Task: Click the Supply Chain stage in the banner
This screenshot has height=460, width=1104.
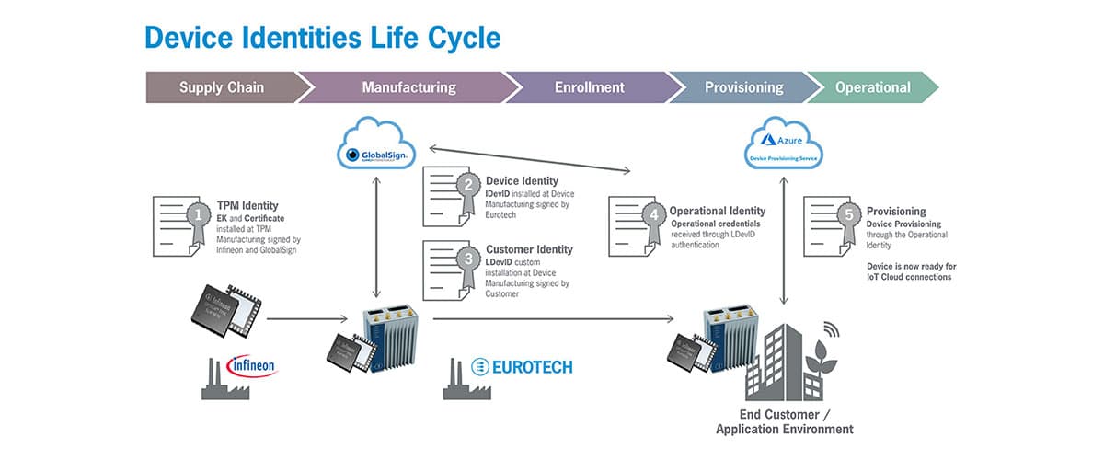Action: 221,88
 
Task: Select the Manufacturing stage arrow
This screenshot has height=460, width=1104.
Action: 408,88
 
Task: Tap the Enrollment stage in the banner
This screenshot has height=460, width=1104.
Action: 589,88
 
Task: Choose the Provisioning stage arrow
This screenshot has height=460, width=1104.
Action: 743,88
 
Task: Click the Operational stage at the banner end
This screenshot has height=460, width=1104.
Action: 872,88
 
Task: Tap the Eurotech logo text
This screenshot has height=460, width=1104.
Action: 521,367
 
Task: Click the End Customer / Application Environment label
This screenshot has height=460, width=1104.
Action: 784,421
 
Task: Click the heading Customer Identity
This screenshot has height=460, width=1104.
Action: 529,249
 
